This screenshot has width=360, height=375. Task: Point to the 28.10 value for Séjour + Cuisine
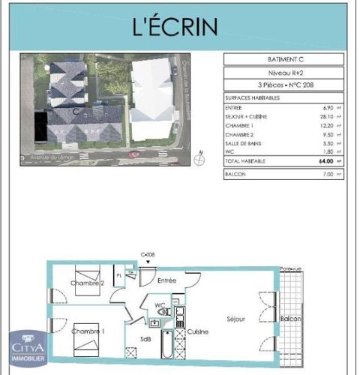click(327, 116)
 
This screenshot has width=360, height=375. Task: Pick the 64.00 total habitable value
click(325, 161)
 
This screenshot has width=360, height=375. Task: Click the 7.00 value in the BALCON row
click(328, 174)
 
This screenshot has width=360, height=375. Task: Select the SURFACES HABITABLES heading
click(250, 98)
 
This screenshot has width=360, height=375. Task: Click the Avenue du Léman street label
click(45, 158)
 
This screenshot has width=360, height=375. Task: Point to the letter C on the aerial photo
click(77, 110)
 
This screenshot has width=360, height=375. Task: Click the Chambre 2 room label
click(87, 283)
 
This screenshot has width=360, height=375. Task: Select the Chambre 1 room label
click(88, 331)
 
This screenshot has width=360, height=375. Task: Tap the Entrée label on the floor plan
click(166, 280)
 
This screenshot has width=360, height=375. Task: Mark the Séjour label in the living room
click(236, 319)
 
